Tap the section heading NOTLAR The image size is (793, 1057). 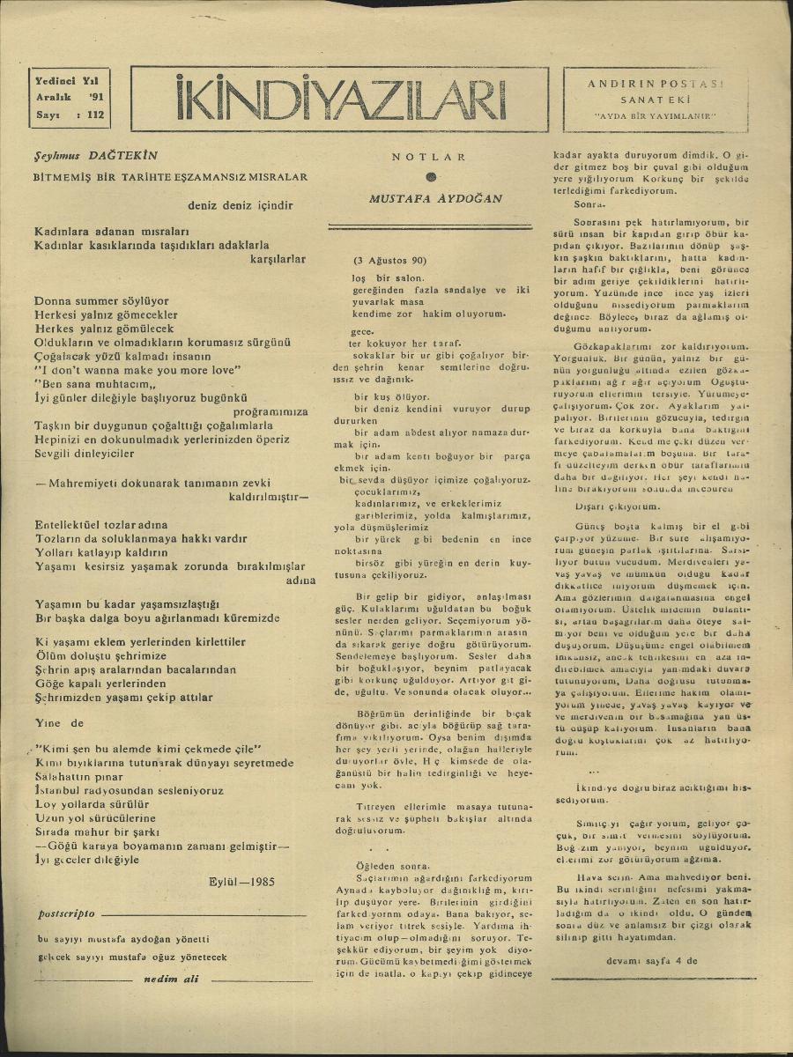click(x=429, y=157)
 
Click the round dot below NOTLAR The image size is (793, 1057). click(x=430, y=176)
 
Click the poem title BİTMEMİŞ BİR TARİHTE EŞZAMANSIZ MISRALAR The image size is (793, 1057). click(x=169, y=177)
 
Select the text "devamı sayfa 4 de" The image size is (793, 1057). click(x=651, y=961)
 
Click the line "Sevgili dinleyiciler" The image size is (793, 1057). click(x=85, y=454)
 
